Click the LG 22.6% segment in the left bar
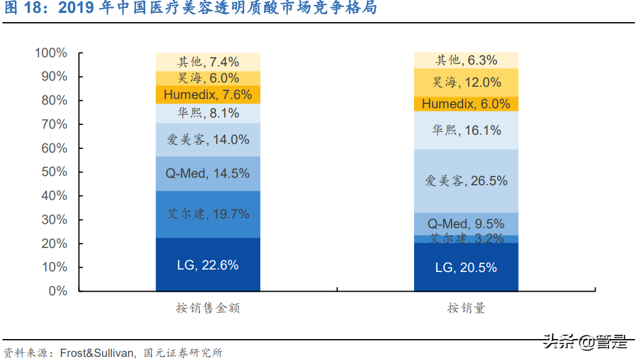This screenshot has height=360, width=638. [208, 265]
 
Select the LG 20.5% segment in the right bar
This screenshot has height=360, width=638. [466, 267]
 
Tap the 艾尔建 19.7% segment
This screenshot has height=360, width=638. [208, 214]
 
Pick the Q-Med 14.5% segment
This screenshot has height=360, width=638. [208, 174]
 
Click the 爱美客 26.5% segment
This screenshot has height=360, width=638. [466, 181]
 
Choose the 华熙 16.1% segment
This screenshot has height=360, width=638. [466, 130]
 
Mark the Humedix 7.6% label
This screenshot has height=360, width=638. [208, 95]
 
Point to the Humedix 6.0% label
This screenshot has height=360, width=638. [466, 104]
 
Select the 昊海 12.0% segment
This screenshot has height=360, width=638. [466, 82]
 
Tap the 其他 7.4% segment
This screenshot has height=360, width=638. [208, 62]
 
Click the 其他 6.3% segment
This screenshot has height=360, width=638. [466, 60]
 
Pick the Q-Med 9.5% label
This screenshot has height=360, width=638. [466, 223]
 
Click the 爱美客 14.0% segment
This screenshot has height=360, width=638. [208, 140]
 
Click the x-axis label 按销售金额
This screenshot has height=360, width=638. [208, 308]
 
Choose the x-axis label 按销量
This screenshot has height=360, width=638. [466, 308]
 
